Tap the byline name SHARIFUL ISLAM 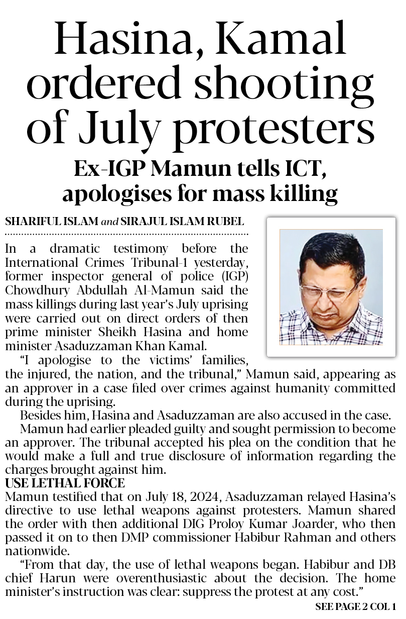pos(51,222)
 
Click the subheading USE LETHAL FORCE pos(65,484)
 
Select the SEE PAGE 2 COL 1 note pos(355,607)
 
